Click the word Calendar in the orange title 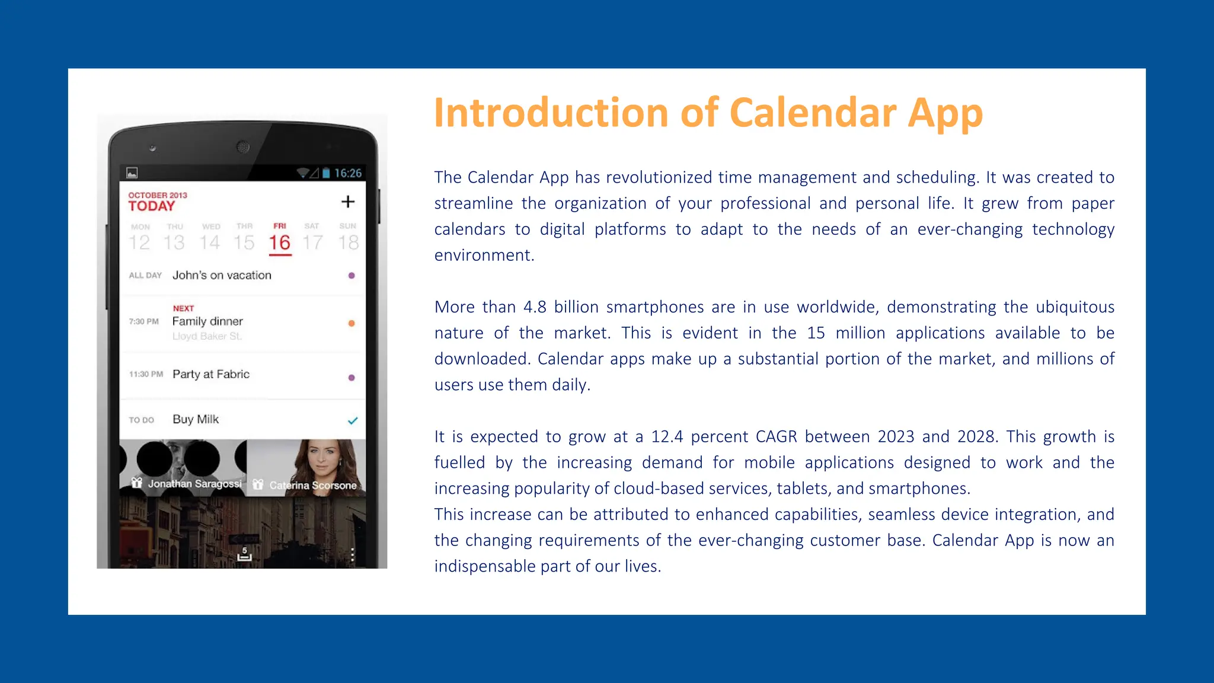tap(813, 113)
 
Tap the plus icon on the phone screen tap(348, 202)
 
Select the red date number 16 tap(279, 242)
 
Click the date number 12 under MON tap(140, 242)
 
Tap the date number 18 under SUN tap(349, 242)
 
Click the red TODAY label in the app tap(152, 206)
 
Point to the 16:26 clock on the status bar tap(347, 173)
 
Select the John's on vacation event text tap(222, 275)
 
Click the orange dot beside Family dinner tap(352, 323)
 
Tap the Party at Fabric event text tap(211, 374)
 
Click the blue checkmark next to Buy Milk tap(353, 420)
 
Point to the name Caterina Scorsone tap(313, 485)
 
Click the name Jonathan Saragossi tap(194, 484)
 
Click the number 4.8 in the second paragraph tap(535, 307)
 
